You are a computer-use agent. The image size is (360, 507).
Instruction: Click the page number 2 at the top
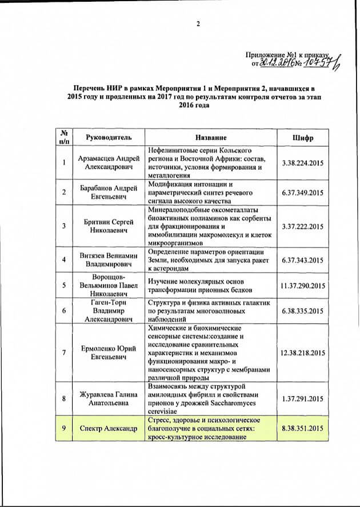[x=198, y=24]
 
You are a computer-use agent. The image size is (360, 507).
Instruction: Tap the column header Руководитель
[x=109, y=138]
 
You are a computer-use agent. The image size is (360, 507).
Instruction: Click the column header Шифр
[x=302, y=138]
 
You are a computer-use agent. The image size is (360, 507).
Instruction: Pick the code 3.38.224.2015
[x=303, y=163]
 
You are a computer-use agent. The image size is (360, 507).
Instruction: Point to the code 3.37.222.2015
[x=303, y=227]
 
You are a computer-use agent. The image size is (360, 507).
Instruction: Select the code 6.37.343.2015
[x=303, y=260]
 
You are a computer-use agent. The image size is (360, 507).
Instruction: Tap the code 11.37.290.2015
[x=303, y=285]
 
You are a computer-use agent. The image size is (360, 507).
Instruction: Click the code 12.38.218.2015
[x=303, y=353]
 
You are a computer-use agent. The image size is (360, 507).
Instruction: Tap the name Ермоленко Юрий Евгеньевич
[x=109, y=353]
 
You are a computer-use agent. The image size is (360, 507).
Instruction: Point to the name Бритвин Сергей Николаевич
[x=109, y=227]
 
